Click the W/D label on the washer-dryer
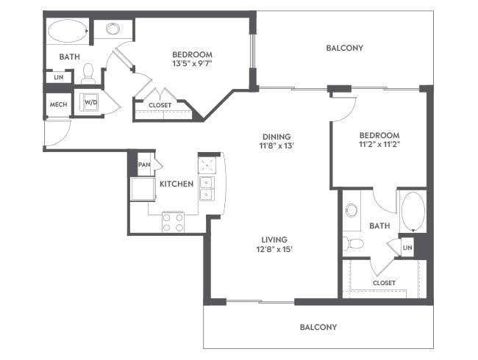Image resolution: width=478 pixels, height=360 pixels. click(x=91, y=102)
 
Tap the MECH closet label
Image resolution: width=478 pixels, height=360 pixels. click(x=59, y=104)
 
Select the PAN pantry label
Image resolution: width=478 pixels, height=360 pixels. click(x=144, y=165)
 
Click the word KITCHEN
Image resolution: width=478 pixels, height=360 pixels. click(x=176, y=184)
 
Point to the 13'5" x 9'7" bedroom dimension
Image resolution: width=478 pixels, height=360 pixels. click(x=192, y=64)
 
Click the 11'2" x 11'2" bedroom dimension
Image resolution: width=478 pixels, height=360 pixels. click(x=379, y=144)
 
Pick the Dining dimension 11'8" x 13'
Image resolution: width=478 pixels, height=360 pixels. click(x=277, y=145)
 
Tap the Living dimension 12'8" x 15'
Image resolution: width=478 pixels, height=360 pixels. click(x=274, y=250)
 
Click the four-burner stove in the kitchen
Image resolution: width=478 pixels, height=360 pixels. click(x=173, y=223)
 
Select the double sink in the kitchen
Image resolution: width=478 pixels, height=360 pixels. click(x=207, y=188)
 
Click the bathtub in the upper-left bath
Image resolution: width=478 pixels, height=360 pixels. click(x=68, y=31)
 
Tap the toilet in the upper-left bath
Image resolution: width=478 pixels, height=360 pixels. click(x=88, y=73)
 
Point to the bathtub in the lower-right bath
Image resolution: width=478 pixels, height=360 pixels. click(x=413, y=212)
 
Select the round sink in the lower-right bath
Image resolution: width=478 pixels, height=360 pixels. click(x=352, y=210)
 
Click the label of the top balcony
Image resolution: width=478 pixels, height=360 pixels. click(x=344, y=48)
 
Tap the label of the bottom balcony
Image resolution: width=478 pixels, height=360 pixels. click(x=318, y=327)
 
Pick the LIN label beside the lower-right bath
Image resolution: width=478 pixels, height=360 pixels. click(x=407, y=248)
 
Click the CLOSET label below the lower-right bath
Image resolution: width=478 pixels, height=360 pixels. click(x=384, y=283)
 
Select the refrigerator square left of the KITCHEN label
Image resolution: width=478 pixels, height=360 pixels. click(x=143, y=189)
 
